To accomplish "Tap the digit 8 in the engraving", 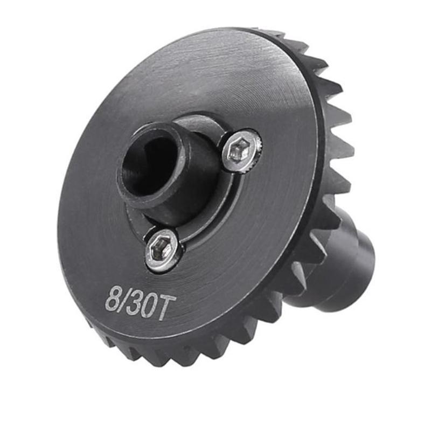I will tap(112, 300).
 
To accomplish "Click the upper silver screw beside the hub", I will tap(241, 150).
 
